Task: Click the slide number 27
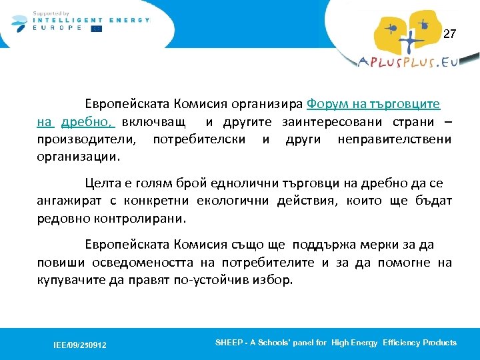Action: (450, 34)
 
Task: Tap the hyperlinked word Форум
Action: (325, 105)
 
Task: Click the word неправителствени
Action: (394, 140)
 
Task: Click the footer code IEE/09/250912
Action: (80, 345)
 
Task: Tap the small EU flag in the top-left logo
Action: (97, 29)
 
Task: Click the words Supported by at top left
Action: (50, 13)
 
